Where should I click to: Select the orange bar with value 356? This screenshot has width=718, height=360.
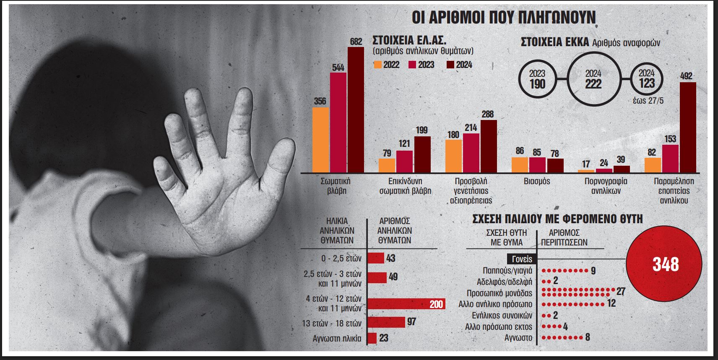(x=320, y=140)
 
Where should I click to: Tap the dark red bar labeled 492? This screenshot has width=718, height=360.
(x=688, y=127)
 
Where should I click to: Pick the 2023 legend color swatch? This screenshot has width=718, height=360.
(x=412, y=65)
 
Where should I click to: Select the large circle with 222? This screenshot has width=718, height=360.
(x=593, y=79)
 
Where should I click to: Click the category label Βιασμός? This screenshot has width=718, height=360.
(x=537, y=181)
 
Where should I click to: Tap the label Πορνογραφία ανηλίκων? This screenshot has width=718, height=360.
(x=606, y=186)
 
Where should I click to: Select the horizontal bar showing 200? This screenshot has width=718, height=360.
(x=406, y=304)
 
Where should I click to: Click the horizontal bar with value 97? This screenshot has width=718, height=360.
(x=386, y=322)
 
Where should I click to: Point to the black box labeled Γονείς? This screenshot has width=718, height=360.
(x=522, y=259)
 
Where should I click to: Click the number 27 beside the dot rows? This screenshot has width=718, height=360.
(x=621, y=291)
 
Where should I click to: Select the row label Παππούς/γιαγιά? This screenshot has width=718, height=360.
(x=507, y=271)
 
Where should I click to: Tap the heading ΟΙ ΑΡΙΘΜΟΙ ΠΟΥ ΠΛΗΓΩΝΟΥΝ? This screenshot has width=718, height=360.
(x=504, y=18)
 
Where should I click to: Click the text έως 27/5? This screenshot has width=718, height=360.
(x=648, y=101)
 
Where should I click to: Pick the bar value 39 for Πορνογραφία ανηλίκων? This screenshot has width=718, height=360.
(x=621, y=159)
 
